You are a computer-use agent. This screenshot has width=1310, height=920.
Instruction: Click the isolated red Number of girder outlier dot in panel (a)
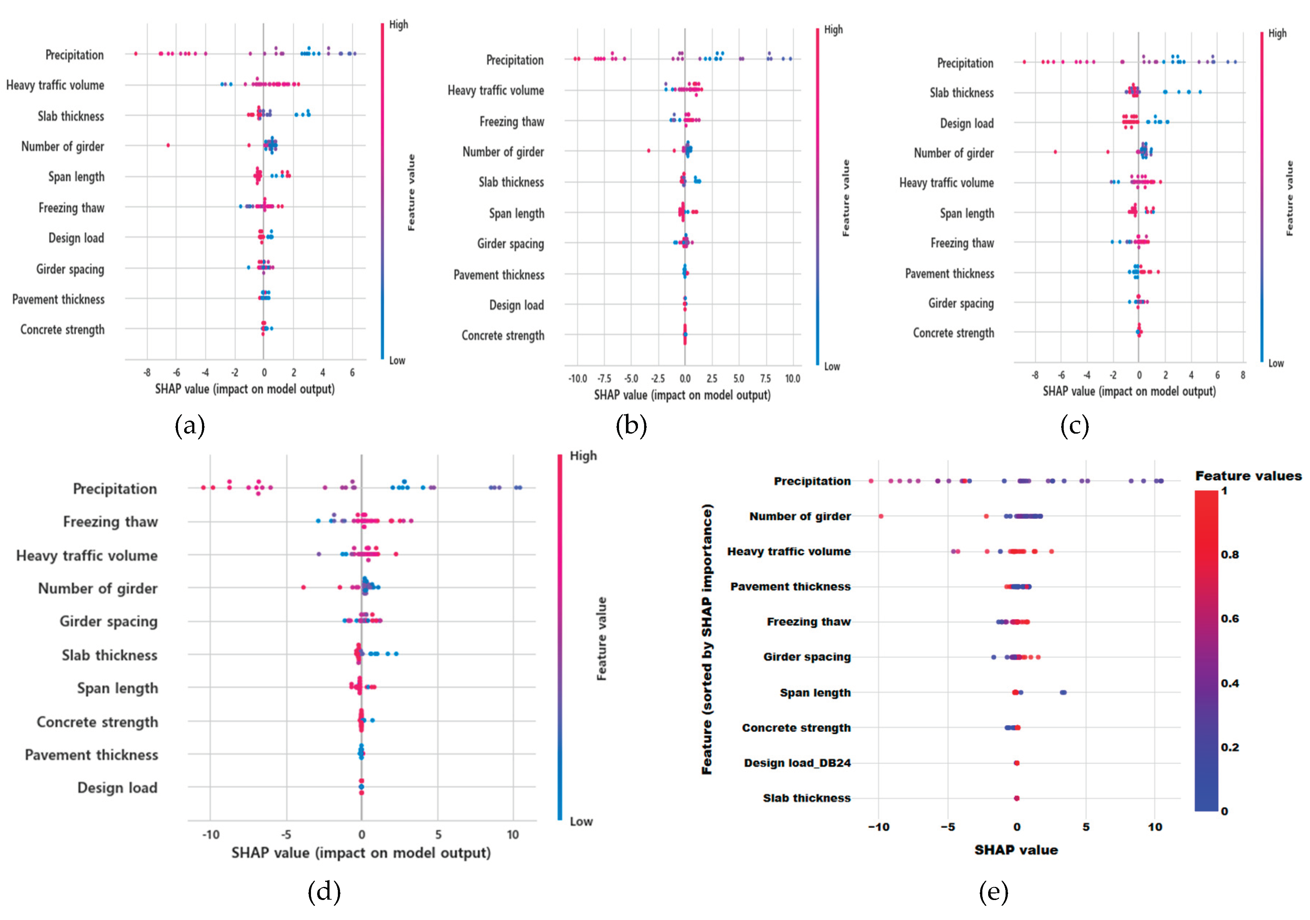pos(168,145)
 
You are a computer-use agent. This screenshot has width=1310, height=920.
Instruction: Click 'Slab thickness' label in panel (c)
pos(961,93)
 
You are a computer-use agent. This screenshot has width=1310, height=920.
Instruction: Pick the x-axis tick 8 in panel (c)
pos(1243,375)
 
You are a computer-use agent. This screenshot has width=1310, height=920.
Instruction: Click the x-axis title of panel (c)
pos(1129,391)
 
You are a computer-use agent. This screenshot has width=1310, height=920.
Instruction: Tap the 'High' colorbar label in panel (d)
pos(583,456)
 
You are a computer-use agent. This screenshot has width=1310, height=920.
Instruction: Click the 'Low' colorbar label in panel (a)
pos(397,361)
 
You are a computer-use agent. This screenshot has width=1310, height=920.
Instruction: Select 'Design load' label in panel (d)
pos(118,788)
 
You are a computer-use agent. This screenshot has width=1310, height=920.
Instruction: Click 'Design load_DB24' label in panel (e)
pos(797,763)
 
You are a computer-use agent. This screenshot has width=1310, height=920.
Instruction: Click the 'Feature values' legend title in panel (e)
pos(1248,476)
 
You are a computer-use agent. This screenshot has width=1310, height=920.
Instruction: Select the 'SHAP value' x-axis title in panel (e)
pos(1016,850)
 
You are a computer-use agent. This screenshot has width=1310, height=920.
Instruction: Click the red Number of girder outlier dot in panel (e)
pos(880,517)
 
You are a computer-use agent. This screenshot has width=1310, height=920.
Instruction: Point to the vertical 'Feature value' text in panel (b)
pos(846,198)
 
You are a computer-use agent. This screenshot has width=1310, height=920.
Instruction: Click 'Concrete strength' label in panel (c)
pos(953,333)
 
